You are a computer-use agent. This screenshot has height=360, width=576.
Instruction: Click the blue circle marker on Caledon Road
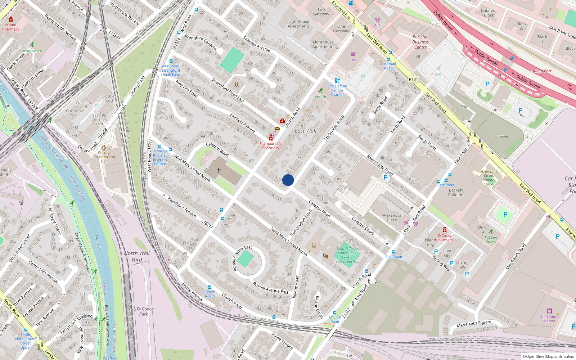(x=288, y=180)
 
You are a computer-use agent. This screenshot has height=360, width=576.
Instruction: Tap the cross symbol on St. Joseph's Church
(x=219, y=171)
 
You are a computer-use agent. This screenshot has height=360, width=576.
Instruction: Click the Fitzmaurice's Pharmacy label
(x=271, y=145)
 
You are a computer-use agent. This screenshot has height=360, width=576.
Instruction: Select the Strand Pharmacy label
(x=11, y=27)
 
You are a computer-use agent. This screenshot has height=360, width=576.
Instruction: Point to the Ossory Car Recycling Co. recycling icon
(x=104, y=148)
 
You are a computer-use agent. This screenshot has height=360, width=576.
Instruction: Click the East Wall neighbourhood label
(x=306, y=131)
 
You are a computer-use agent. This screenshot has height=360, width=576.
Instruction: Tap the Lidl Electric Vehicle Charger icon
(x=337, y=81)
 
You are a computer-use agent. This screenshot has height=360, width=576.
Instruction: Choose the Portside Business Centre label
(x=420, y=42)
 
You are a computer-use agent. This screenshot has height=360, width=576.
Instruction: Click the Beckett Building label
(x=456, y=193)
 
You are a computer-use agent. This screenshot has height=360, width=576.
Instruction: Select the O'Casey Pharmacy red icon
(x=445, y=230)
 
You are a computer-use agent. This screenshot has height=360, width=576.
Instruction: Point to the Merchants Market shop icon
(x=549, y=311)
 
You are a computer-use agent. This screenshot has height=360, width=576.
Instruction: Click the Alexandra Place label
(x=392, y=217)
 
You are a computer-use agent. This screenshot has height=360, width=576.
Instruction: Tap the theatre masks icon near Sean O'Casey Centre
(x=326, y=256)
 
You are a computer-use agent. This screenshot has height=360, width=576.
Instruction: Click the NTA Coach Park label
(x=143, y=311)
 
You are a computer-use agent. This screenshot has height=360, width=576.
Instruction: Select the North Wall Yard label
(x=137, y=256)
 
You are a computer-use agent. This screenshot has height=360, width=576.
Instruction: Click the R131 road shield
(x=414, y=79)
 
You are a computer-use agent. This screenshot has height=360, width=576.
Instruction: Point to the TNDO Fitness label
(x=32, y=51)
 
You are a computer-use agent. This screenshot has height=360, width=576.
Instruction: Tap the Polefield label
(x=501, y=136)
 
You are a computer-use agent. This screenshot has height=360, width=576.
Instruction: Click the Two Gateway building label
(x=321, y=12)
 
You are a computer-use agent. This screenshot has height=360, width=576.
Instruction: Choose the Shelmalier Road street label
(x=334, y=128)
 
